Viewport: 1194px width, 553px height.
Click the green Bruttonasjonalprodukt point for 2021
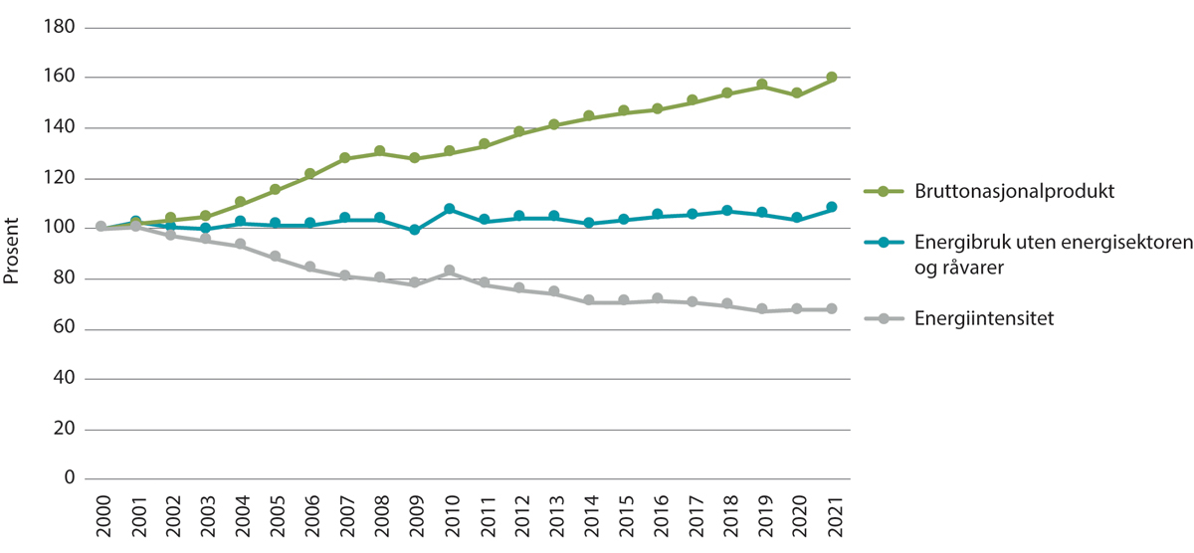point(831,78)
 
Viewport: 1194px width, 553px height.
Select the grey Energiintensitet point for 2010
point(449,271)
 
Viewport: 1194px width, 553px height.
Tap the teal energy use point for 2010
point(449,209)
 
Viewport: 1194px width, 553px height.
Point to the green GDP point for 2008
point(379,151)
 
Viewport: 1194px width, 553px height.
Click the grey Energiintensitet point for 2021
point(831,309)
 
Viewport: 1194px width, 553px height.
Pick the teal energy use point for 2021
point(831,207)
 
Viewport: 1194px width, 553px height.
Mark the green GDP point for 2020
point(796,93)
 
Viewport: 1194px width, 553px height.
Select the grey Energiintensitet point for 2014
point(588,300)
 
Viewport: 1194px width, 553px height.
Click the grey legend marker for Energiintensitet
point(883,318)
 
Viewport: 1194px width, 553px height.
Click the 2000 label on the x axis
point(100,517)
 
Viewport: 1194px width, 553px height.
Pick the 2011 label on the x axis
point(484,517)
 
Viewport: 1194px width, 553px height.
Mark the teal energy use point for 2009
point(414,230)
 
